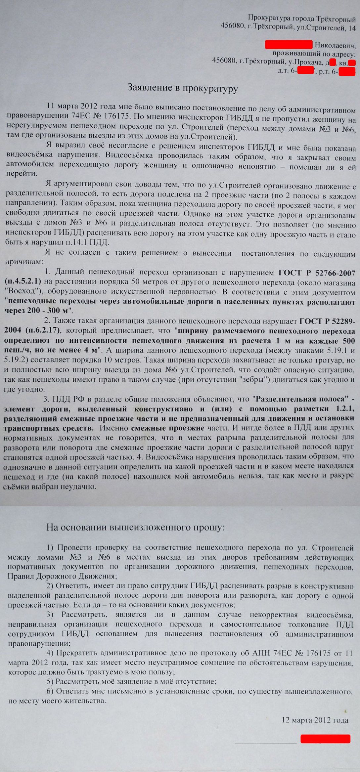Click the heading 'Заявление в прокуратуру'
[183, 88]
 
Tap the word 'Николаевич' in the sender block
[335, 44]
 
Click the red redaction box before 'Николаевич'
[288, 44]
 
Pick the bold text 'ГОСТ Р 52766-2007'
[317, 273]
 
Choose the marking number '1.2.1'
[343, 408]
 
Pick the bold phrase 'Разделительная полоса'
[302, 399]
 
